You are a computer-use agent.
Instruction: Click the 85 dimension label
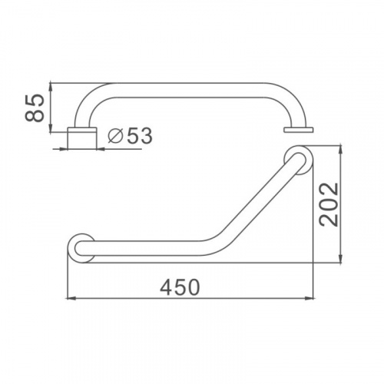(x=35, y=108)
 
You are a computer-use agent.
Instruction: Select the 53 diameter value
(x=140, y=136)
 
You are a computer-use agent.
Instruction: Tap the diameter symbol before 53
(x=114, y=135)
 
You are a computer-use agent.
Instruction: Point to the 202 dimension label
(x=329, y=204)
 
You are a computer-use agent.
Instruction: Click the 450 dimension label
(x=180, y=287)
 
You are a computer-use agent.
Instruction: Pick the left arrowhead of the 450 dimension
(x=71, y=298)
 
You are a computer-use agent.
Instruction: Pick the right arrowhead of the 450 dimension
(x=310, y=298)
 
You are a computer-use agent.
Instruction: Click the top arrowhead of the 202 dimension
(x=340, y=150)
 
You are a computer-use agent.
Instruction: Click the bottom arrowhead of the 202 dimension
(x=340, y=259)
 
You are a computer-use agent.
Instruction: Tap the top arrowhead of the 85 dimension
(x=51, y=87)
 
